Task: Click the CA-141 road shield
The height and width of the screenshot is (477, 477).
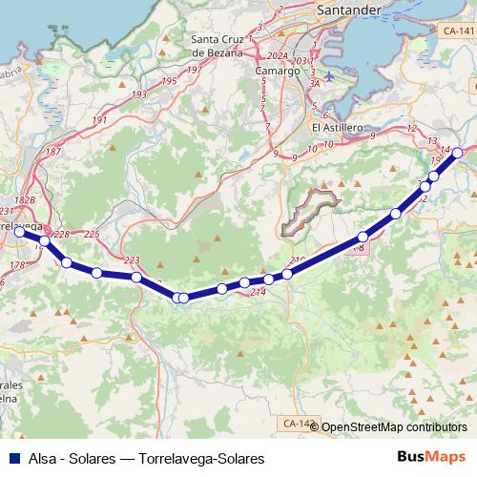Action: point(458,31)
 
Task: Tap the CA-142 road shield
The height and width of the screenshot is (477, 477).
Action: point(298,423)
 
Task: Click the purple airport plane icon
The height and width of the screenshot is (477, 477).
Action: point(330,75)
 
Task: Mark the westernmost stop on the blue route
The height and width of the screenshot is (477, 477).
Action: point(19,230)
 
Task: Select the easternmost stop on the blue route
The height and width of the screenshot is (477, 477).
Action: point(457,153)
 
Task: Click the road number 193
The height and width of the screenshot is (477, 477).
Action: point(139,95)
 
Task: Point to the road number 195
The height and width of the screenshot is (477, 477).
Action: point(169,81)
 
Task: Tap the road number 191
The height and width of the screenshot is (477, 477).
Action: point(100,121)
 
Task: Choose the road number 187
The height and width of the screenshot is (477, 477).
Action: point(53,153)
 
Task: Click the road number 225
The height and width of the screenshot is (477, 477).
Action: point(92,234)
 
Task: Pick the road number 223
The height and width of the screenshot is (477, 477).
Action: point(132,260)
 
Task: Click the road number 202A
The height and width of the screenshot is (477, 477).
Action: point(277,54)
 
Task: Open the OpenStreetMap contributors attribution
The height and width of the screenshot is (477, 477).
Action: point(394,427)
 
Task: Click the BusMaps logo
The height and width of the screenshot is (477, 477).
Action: point(430,458)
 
